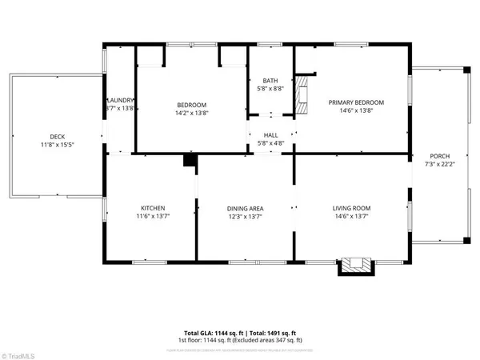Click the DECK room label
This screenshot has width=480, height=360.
pos(56,136)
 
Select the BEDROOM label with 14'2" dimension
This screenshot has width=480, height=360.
pos(191,105)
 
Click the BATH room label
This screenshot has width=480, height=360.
pos(270,80)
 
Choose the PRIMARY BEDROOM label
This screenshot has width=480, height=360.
pos(357,102)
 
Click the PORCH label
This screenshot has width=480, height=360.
pos(440,155)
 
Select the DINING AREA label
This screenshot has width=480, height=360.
pos(245,208)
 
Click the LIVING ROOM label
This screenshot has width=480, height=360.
pos(352,208)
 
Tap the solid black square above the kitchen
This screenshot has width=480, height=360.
pos(190,161)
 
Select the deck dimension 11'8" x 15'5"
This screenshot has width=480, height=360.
pos(56,145)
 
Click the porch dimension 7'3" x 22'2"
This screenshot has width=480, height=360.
pos(440,164)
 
